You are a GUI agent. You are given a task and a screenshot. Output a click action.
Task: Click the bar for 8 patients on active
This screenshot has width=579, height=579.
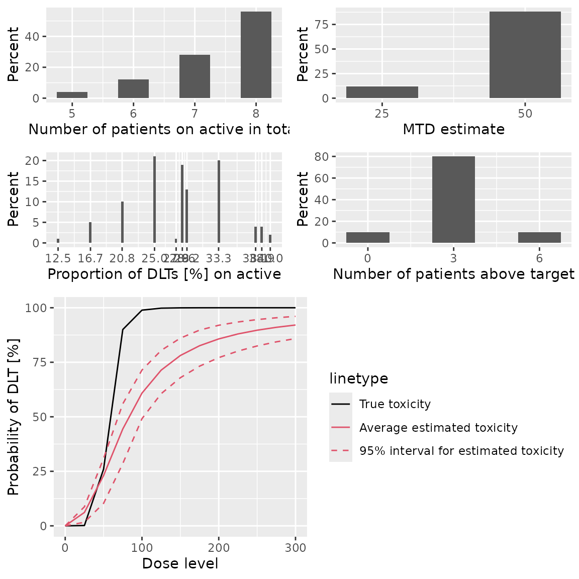[x=256, y=55]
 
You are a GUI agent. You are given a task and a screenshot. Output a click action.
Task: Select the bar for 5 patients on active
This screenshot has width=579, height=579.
[x=72, y=95]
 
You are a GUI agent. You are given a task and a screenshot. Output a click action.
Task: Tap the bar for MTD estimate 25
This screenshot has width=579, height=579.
[x=382, y=92]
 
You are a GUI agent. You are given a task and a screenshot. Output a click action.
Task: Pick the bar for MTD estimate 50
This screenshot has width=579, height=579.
[x=525, y=55]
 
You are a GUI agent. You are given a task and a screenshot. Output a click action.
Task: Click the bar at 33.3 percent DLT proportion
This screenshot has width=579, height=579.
[x=219, y=202]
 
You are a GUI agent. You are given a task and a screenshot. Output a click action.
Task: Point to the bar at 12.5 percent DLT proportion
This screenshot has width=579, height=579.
[x=58, y=241]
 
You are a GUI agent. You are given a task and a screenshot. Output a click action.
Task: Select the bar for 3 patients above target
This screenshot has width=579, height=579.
[x=453, y=200]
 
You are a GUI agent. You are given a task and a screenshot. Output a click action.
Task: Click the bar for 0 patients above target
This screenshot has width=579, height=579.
[x=368, y=237]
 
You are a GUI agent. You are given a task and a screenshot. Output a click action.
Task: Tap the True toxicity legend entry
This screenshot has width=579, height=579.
[x=395, y=404]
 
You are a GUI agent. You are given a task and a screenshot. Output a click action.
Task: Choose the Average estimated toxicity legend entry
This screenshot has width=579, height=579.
[x=438, y=428]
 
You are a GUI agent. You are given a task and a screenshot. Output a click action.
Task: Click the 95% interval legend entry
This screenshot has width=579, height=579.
[x=461, y=451]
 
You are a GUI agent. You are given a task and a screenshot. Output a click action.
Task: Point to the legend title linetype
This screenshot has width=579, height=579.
[x=359, y=378]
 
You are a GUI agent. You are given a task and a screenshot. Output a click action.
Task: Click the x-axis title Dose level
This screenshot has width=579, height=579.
[x=180, y=563]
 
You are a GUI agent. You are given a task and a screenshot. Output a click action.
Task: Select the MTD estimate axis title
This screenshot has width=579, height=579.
[x=453, y=129]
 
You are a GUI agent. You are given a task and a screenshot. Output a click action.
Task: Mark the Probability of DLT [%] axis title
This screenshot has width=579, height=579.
[x=13, y=417]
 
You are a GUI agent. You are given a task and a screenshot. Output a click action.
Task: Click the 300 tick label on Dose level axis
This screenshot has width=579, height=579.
[x=295, y=548]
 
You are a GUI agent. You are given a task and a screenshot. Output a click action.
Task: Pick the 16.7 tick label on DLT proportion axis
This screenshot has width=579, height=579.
[x=90, y=258]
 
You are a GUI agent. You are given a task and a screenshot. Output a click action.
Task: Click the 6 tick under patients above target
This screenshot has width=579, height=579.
[x=539, y=258]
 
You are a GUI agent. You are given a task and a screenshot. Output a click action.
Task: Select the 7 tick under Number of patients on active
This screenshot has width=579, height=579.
[x=195, y=113]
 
